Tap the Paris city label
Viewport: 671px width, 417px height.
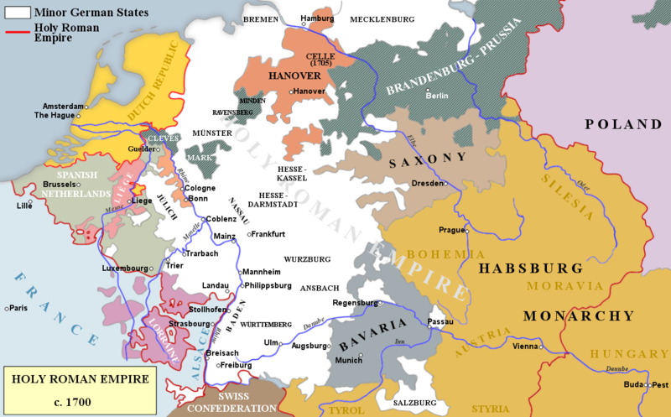tap(18, 309)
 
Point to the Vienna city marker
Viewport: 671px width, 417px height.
tap(541, 346)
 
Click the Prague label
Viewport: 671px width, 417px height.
tap(451, 230)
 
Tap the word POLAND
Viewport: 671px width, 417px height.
tap(623, 124)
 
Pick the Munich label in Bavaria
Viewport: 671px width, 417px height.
tap(347, 359)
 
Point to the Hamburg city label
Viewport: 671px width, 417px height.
tap(316, 18)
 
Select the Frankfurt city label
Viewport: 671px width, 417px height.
tap(268, 233)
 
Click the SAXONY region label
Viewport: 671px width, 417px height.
tap(426, 157)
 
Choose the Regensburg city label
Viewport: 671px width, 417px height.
tap(355, 302)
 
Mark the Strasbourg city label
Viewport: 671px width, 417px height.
tap(189, 323)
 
